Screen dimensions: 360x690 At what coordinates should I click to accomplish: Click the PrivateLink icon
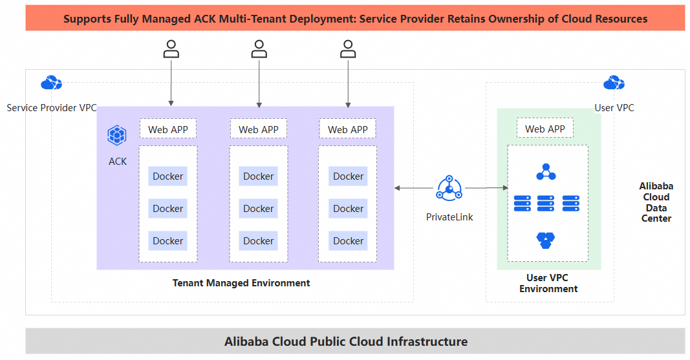click(449, 187)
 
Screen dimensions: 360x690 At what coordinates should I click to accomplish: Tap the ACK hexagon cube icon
click(117, 135)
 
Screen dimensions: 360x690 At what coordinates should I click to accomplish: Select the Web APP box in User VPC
click(544, 129)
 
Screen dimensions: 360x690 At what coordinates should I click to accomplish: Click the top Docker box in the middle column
click(258, 176)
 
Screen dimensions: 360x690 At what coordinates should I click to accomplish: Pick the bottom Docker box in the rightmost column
click(348, 240)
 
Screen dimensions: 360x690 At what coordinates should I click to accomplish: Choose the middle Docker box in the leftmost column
click(168, 208)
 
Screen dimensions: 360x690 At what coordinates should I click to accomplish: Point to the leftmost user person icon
click(171, 49)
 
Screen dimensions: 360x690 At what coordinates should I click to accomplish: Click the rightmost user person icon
click(348, 49)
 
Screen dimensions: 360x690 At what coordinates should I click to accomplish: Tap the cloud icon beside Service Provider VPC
click(51, 83)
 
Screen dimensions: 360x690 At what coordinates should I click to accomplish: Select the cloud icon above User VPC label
click(614, 83)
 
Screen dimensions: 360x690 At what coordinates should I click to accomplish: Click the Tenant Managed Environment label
click(241, 283)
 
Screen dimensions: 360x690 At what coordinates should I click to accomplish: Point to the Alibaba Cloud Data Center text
click(656, 202)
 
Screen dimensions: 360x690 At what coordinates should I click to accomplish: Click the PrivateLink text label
click(449, 217)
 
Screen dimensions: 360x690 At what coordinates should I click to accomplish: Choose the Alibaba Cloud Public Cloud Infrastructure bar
click(345, 341)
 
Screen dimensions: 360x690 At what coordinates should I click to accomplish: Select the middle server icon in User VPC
click(545, 203)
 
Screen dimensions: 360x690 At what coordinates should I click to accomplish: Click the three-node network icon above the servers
click(546, 173)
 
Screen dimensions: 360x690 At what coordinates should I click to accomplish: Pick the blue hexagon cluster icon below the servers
click(546, 240)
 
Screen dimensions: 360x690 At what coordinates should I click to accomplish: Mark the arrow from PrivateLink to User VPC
click(486, 188)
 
